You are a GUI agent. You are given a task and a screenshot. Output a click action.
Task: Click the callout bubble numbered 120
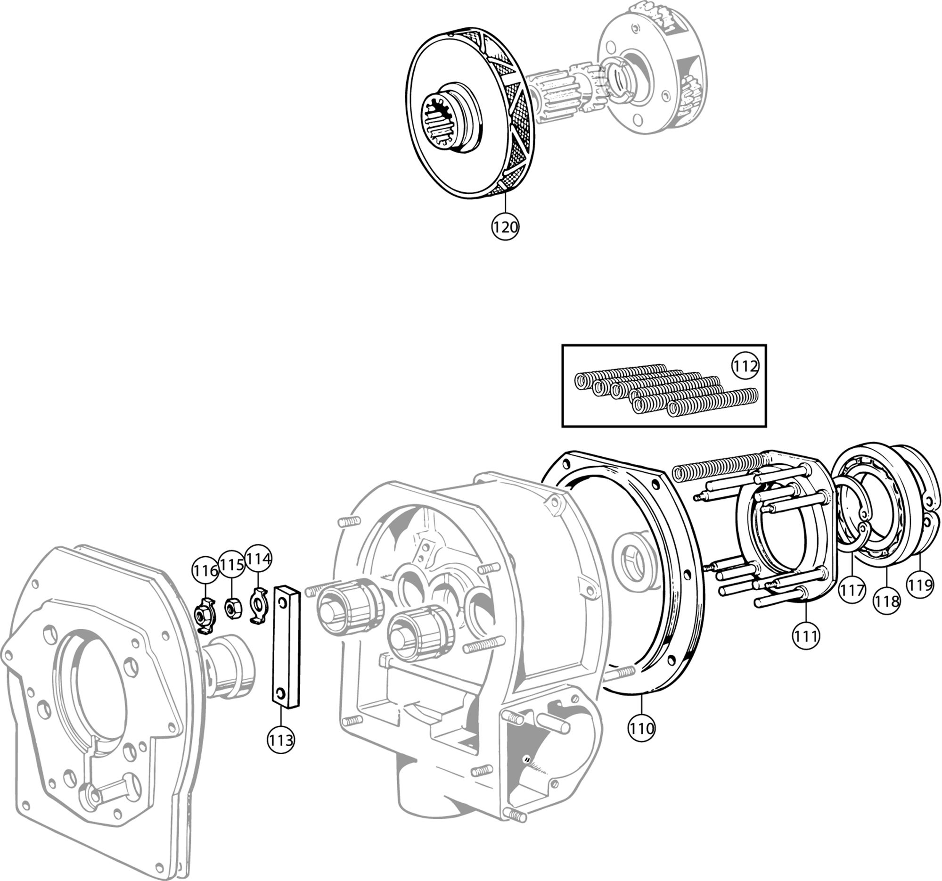click(x=505, y=227)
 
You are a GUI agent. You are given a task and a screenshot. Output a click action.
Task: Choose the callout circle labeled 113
click(x=281, y=740)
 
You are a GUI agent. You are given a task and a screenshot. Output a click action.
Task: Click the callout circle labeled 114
click(x=258, y=559)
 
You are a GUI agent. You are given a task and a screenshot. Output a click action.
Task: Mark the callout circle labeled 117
click(x=852, y=591)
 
